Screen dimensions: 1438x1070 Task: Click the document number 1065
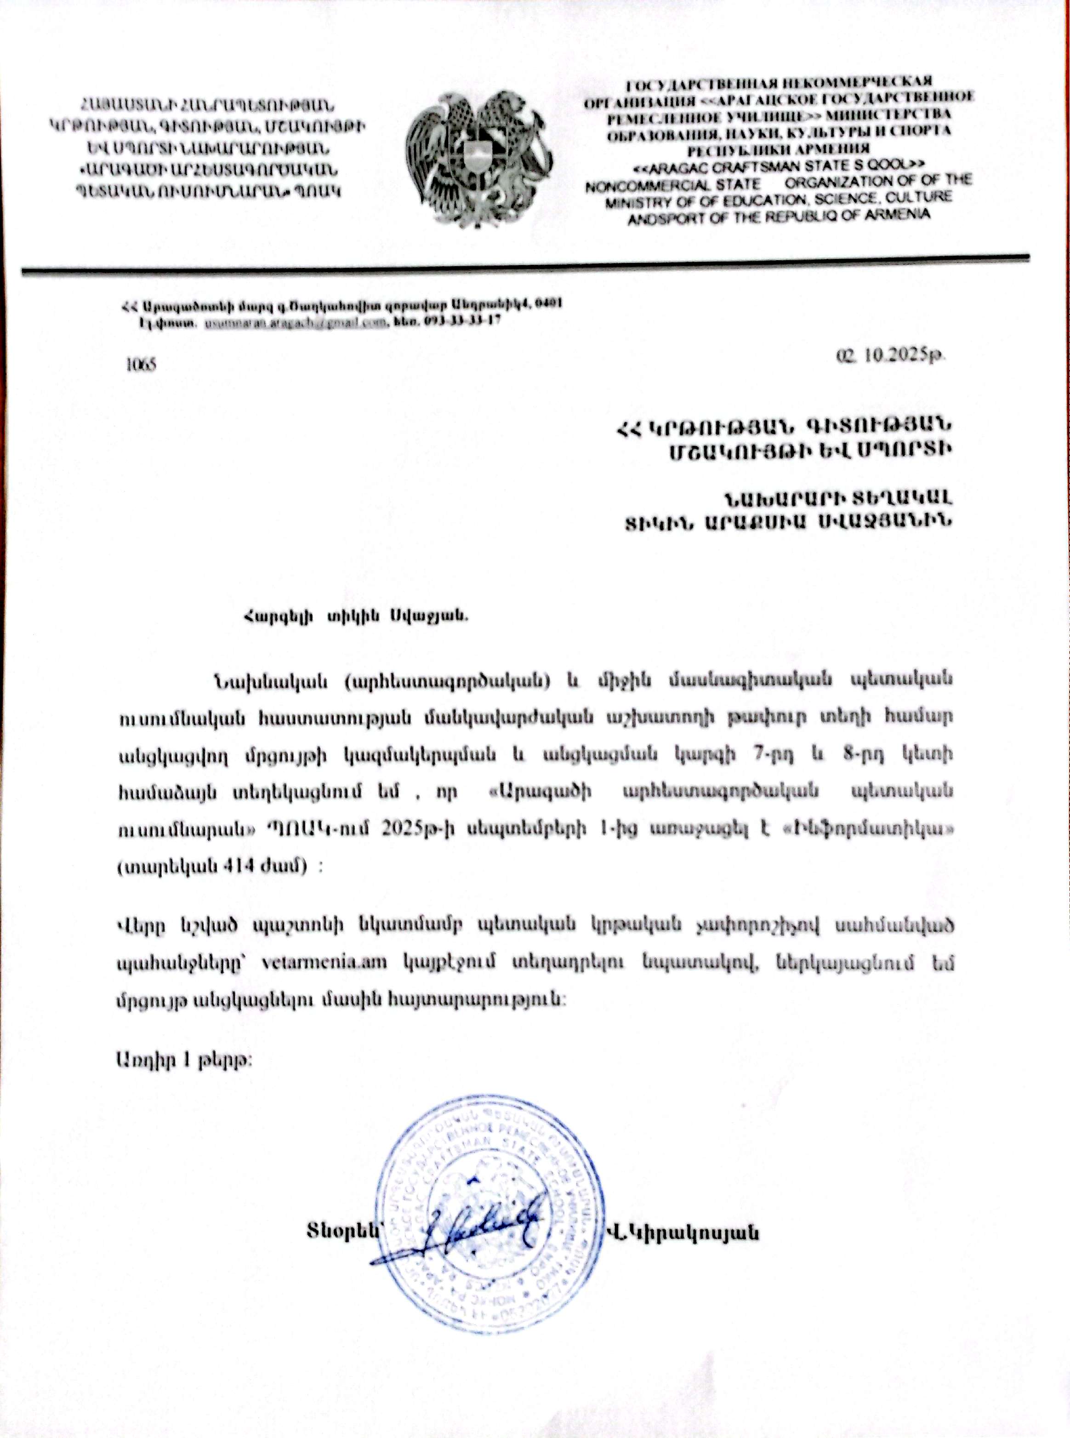(x=141, y=364)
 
